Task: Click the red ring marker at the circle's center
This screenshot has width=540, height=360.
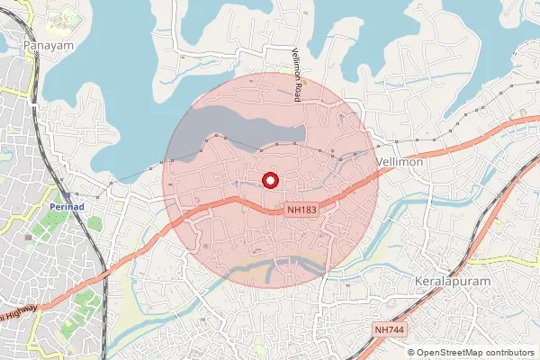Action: pos(269,180)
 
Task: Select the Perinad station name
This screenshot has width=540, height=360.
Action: pos(66,208)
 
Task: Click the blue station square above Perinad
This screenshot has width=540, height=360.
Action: pos(66,195)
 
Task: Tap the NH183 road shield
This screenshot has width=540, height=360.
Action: pos(302,209)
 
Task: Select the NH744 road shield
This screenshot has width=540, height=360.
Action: pos(389,330)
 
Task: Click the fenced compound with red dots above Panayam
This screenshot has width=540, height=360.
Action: pos(67,20)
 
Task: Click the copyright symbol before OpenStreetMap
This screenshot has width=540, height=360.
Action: pos(411,353)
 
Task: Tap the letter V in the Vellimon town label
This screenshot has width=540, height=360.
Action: pos(378,162)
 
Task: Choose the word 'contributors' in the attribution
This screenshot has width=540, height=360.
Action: pos(508,353)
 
